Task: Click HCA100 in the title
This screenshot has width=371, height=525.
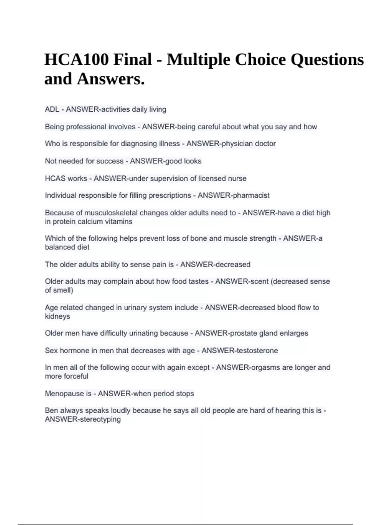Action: pos(76,60)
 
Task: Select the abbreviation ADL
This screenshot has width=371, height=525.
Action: pos(52,109)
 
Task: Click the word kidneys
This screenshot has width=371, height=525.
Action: pos(58,316)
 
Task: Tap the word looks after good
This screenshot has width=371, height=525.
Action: pos(193,161)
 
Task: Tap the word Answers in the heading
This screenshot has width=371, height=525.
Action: pos(110,79)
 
